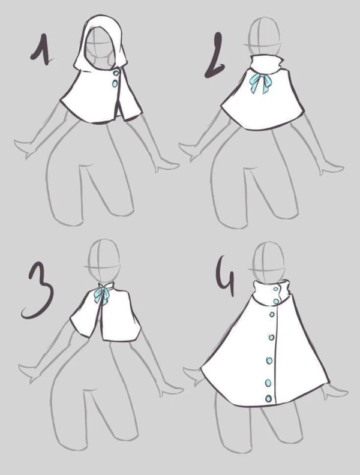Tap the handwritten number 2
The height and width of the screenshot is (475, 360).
[x=215, y=56]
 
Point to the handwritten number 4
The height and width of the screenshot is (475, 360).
[x=226, y=276]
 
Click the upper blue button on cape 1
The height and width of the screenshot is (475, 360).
[x=116, y=73]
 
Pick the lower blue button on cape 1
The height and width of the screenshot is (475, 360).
[x=115, y=83]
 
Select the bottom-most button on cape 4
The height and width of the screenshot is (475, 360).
[x=268, y=398]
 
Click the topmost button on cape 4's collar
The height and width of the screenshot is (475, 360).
[x=275, y=289]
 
